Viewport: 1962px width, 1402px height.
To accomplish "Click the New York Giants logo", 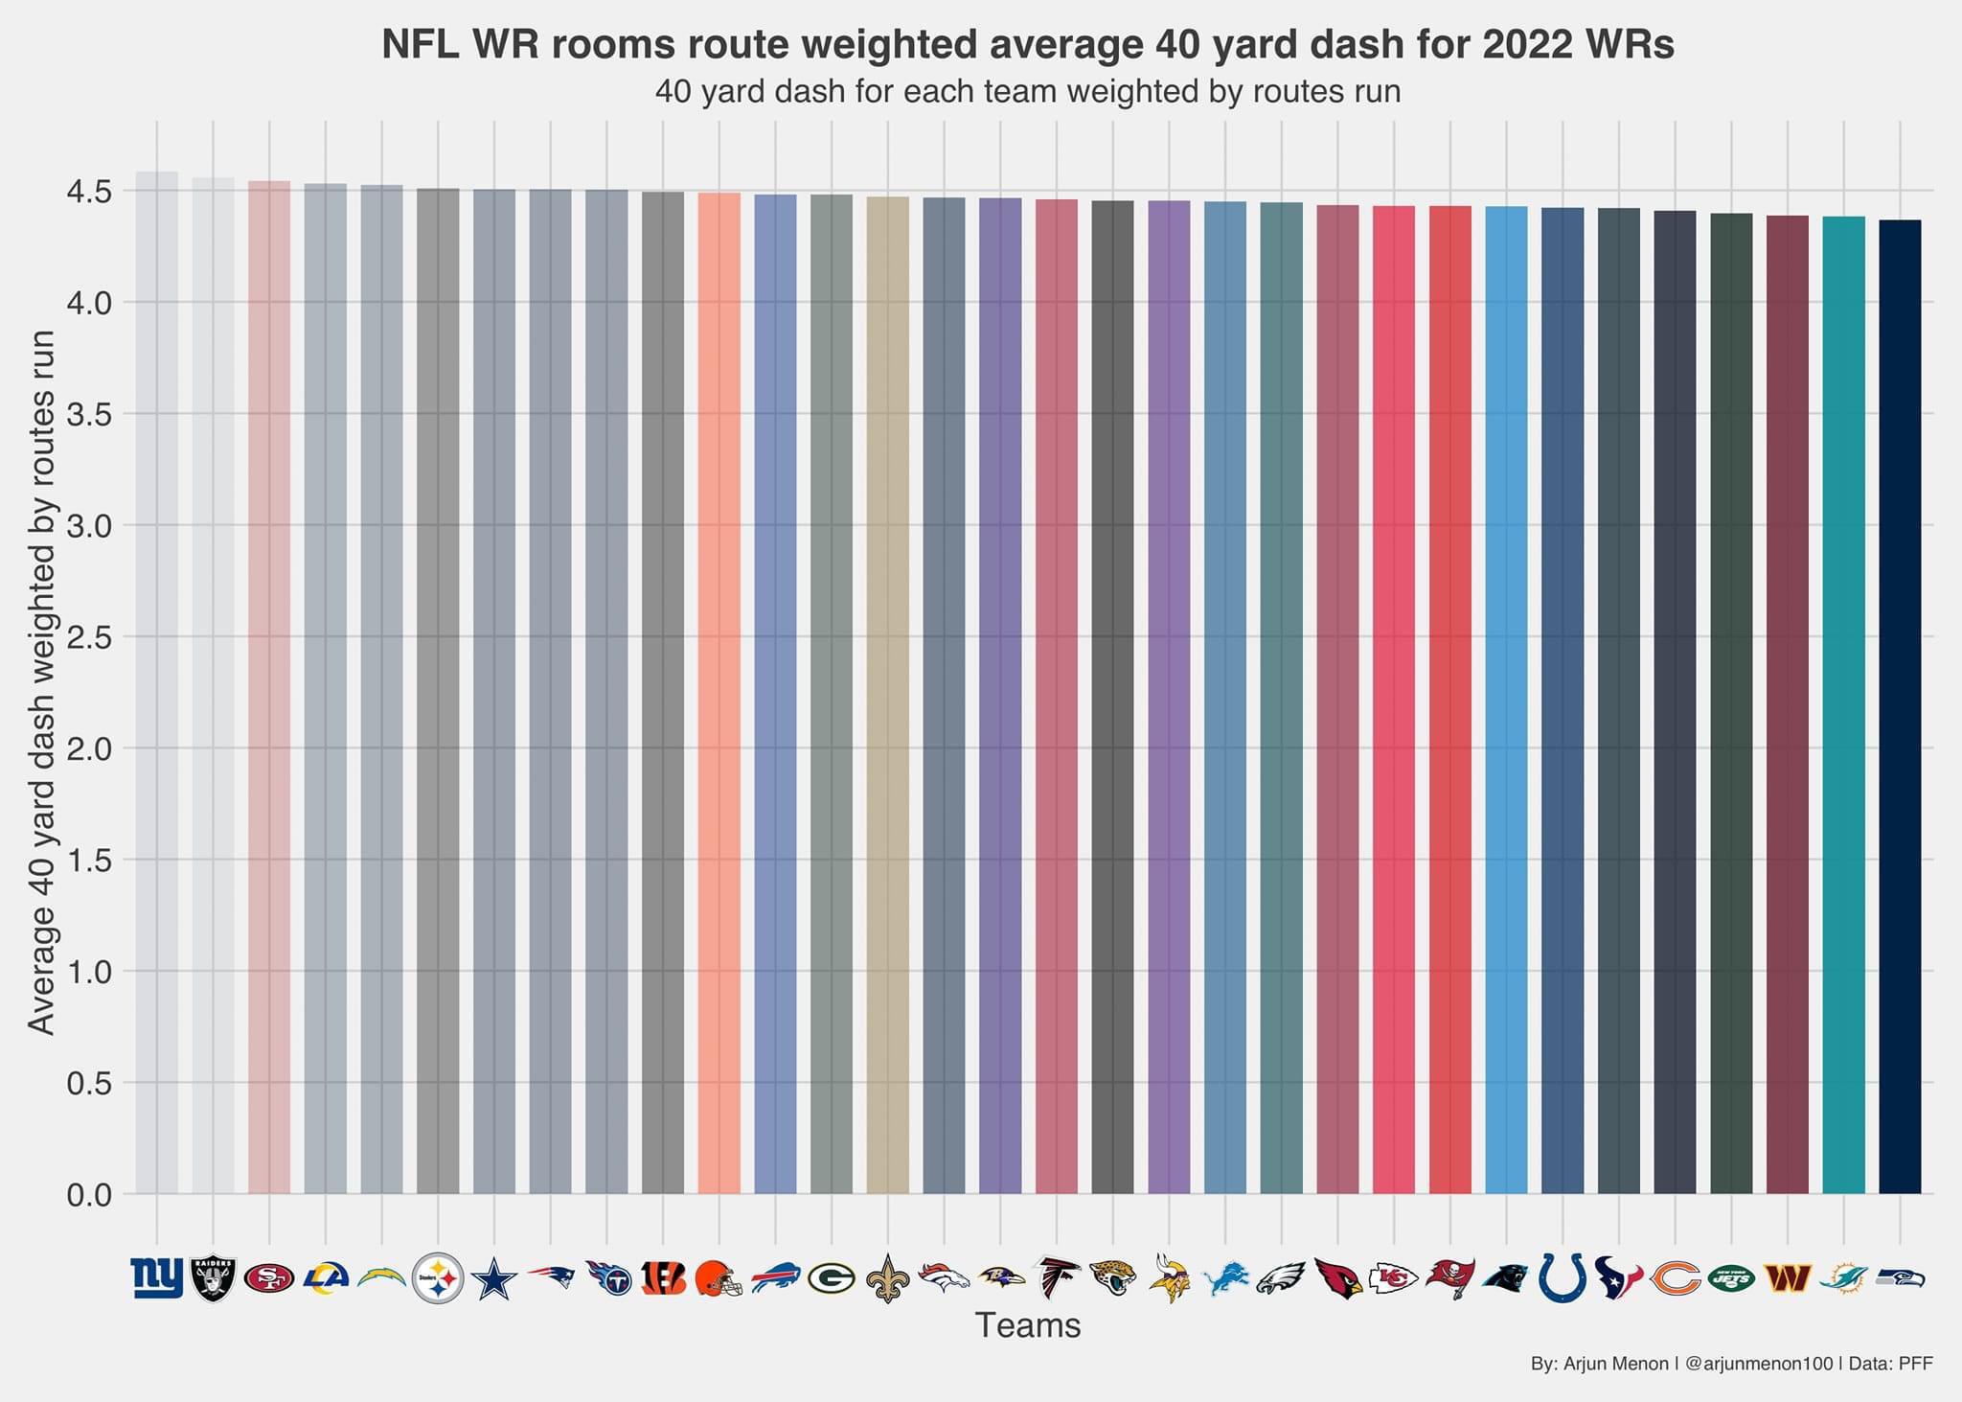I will (156, 1278).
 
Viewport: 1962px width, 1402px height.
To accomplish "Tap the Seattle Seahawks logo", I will (1900, 1277).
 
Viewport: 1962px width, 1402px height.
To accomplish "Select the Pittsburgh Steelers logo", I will (438, 1278).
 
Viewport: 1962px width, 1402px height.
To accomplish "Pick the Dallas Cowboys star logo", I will (494, 1279).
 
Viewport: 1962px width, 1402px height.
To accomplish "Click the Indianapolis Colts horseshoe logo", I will (1563, 1277).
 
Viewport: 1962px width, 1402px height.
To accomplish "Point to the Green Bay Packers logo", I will (831, 1278).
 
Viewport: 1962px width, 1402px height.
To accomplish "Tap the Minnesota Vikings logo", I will (1169, 1277).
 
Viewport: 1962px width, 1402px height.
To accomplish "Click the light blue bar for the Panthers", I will (1506, 700).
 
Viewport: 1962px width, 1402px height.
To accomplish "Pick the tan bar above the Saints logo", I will (887, 695).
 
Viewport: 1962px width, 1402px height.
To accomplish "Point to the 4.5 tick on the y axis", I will (89, 192).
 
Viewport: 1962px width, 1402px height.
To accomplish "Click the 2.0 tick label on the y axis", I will (89, 748).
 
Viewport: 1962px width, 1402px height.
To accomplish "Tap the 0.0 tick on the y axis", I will (89, 1195).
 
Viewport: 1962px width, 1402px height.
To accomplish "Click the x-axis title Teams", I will (1027, 1325).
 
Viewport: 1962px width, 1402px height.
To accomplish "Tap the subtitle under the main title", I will (1027, 92).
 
